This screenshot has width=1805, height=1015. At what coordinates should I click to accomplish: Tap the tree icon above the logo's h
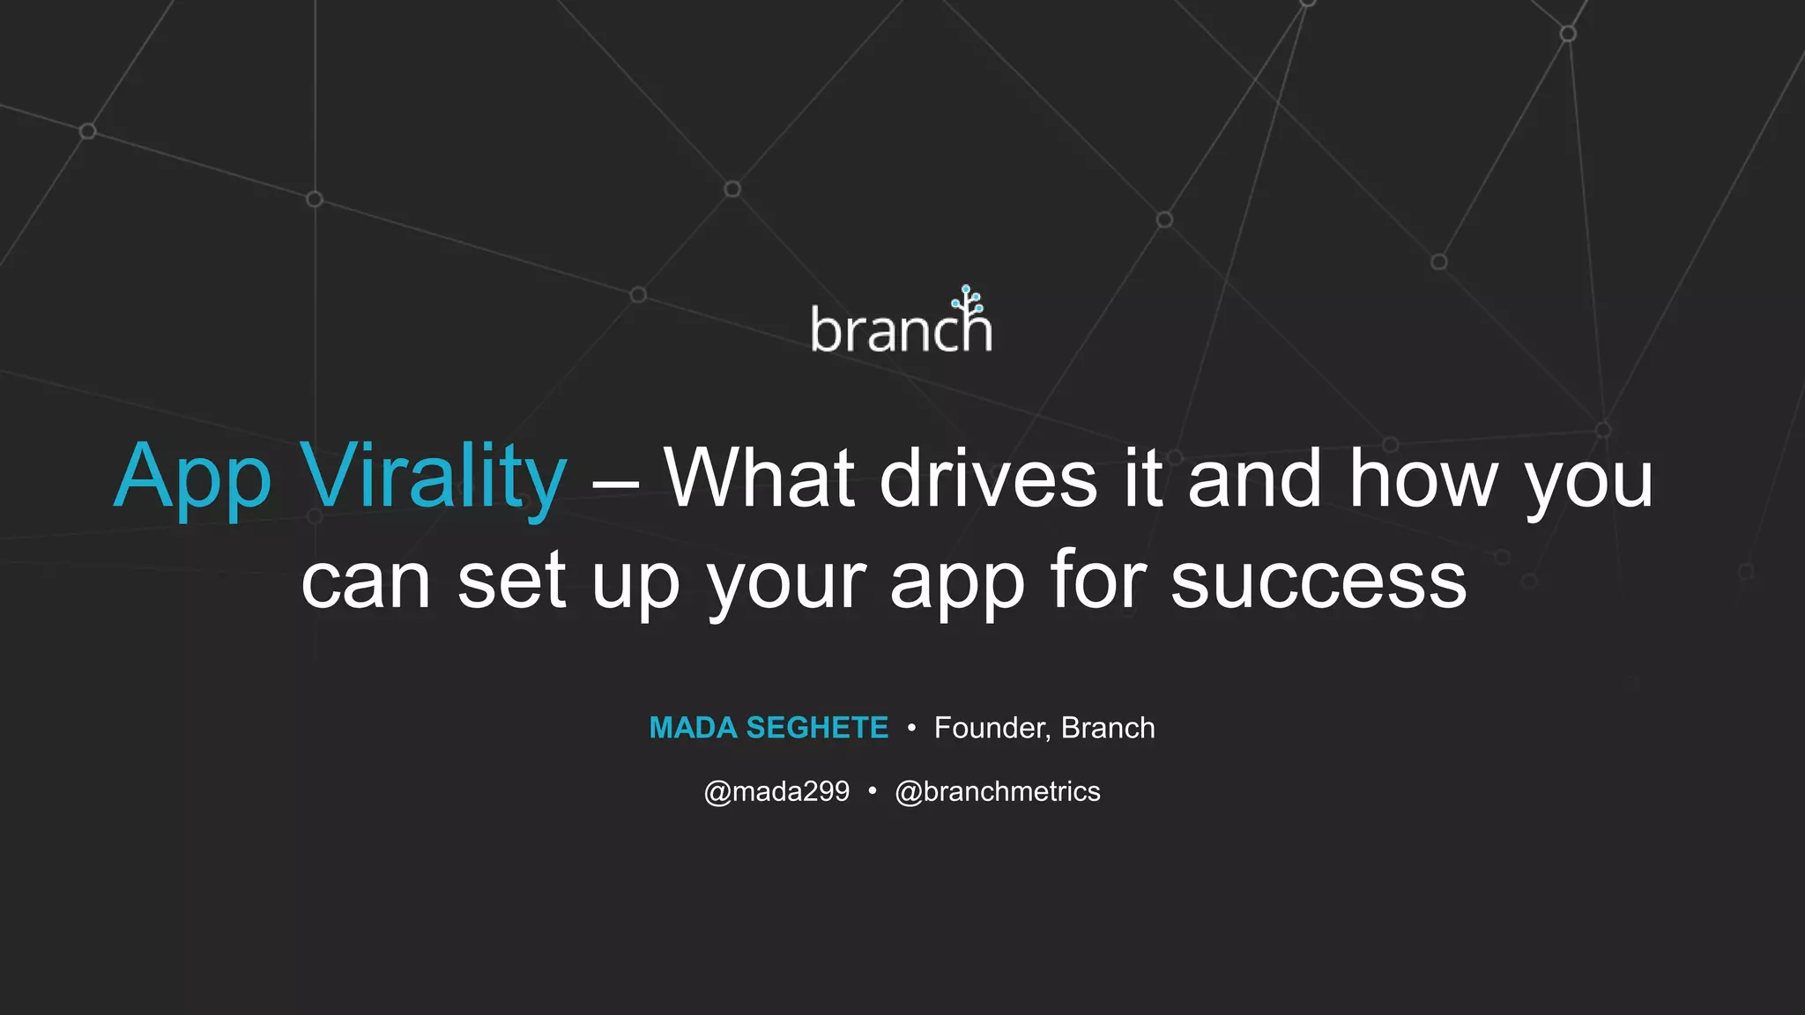pyautogui.click(x=968, y=301)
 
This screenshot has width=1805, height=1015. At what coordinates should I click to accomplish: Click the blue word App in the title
pyautogui.click(x=192, y=478)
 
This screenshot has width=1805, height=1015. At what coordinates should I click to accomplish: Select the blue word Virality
pyautogui.click(x=433, y=478)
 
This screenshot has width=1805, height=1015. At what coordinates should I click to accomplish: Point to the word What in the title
pyautogui.click(x=759, y=478)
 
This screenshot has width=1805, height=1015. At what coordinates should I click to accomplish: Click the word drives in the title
pyautogui.click(x=988, y=478)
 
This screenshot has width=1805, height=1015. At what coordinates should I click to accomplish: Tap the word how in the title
pyautogui.click(x=1423, y=478)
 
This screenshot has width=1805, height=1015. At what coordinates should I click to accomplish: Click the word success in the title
pyautogui.click(x=1318, y=581)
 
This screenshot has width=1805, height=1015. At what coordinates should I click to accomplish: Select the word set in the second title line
pyautogui.click(x=511, y=581)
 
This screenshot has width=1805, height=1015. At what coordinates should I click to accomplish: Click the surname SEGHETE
pyautogui.click(x=817, y=728)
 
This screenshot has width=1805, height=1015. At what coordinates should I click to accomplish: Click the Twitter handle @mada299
pyautogui.click(x=776, y=791)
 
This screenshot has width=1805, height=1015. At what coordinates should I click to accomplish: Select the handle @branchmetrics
pyautogui.click(x=997, y=791)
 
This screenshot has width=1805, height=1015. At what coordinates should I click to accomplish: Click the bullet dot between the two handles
pyautogui.click(x=872, y=791)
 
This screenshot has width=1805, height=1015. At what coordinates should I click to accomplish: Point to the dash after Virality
pyautogui.click(x=615, y=484)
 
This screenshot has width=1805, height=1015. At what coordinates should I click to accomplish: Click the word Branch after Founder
pyautogui.click(x=1108, y=728)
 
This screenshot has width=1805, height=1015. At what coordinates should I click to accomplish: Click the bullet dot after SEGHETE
pyautogui.click(x=911, y=728)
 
